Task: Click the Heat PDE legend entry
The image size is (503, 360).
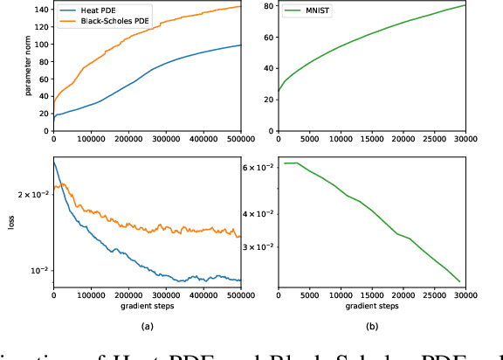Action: (x=95, y=10)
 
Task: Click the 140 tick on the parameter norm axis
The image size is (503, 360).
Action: (x=39, y=10)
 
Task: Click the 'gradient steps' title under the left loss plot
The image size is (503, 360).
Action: (x=147, y=307)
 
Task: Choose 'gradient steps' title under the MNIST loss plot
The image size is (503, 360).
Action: (x=372, y=307)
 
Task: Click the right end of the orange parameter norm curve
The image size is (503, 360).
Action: (x=240, y=7)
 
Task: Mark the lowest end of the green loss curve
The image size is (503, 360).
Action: (x=459, y=282)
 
